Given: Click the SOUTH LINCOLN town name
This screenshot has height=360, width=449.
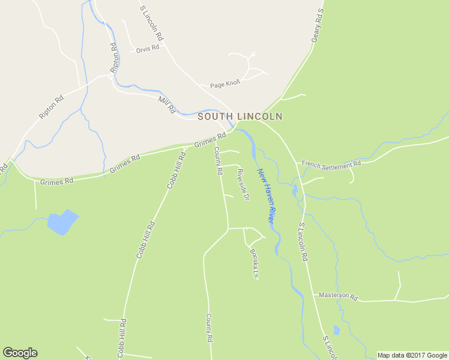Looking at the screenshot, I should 240,116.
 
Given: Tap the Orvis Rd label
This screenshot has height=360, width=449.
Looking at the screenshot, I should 147,48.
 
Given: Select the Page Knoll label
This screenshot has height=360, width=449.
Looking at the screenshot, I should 225,85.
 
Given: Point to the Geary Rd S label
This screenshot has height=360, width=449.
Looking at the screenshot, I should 317,25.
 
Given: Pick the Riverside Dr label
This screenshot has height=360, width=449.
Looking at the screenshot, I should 243,184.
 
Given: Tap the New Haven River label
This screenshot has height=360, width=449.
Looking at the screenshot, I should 266,197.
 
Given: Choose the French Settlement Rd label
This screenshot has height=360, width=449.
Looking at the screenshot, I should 331,163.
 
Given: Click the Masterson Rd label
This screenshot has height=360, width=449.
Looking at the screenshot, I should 338,296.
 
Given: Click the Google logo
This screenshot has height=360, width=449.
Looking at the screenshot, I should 20,353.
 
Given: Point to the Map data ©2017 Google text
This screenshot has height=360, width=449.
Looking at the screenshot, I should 412,355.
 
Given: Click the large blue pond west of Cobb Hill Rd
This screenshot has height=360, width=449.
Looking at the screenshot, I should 62,222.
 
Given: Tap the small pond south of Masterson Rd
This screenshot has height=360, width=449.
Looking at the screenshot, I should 336,330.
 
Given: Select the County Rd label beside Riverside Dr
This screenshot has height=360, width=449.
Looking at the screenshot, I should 218,162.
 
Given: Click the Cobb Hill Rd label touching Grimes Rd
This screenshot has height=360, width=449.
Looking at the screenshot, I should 176,170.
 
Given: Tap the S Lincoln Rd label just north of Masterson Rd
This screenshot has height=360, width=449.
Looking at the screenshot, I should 303,242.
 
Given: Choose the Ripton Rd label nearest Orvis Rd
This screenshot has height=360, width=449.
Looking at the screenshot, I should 114,58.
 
